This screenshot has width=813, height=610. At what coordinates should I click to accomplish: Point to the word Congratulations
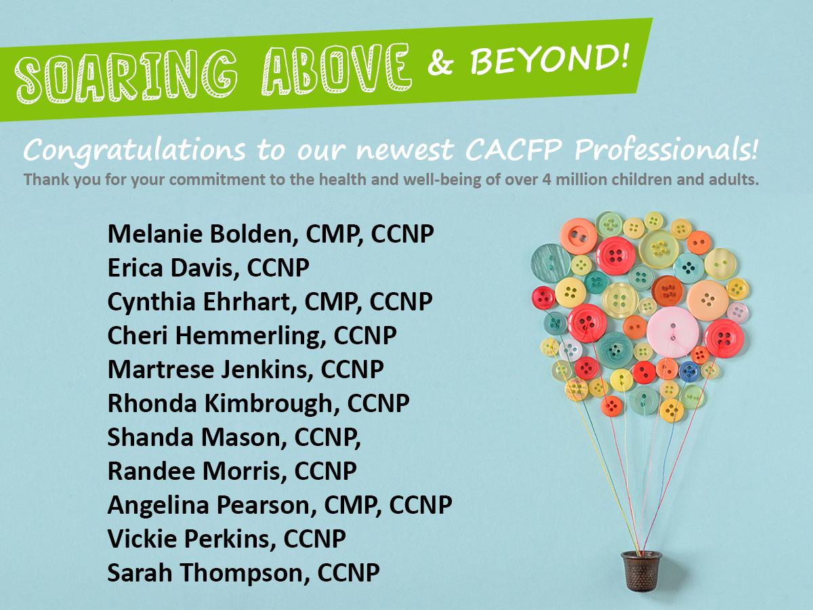pyautogui.click(x=134, y=150)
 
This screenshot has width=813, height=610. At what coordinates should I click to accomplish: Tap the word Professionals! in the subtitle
pyautogui.click(x=665, y=148)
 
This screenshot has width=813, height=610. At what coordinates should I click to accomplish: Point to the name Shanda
pyautogui.click(x=150, y=437)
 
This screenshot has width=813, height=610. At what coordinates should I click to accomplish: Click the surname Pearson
pyautogui.click(x=266, y=505)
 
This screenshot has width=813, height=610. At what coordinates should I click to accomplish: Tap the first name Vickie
pyautogui.click(x=142, y=539)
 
